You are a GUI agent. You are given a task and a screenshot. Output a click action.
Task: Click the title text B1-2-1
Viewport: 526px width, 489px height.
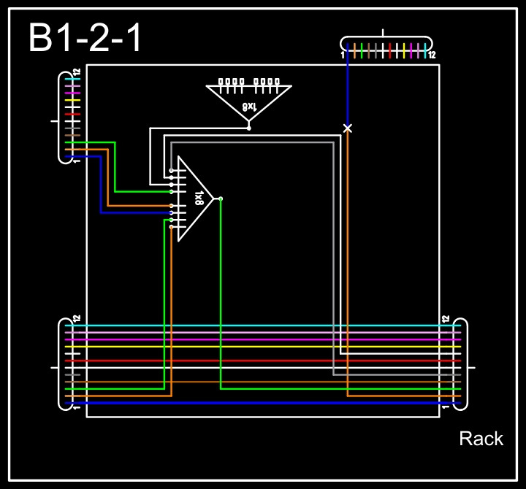[x=85, y=38]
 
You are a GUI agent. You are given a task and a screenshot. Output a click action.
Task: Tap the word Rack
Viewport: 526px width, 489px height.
[x=481, y=439]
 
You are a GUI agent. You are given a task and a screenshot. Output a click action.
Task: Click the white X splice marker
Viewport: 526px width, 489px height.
[x=348, y=128]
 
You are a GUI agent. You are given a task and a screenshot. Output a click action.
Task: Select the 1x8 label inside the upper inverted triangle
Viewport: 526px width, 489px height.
[x=249, y=107]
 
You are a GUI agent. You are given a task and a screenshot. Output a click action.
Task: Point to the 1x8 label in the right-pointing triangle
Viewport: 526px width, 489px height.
[x=199, y=198]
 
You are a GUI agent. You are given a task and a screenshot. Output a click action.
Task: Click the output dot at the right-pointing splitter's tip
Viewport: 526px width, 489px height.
[x=221, y=198]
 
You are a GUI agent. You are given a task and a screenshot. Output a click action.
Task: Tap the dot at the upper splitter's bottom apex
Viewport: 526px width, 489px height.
[x=249, y=128]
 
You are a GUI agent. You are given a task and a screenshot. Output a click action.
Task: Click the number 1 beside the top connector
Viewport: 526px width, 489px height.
[x=342, y=55]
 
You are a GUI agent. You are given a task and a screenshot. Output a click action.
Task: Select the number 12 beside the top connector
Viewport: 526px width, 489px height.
[x=432, y=55]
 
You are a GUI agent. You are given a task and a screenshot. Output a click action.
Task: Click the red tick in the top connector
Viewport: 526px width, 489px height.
[x=390, y=50]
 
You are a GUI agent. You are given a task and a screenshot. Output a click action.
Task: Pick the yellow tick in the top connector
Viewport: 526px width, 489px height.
[x=404, y=50]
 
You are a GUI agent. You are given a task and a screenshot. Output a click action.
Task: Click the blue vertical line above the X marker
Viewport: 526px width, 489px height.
[x=348, y=91]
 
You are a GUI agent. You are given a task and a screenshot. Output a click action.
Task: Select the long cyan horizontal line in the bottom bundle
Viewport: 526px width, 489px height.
[x=263, y=326]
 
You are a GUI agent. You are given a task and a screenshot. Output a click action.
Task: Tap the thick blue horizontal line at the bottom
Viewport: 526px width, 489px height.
[x=263, y=403]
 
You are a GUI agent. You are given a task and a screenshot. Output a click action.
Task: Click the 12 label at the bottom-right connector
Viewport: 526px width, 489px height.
[x=445, y=319]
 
